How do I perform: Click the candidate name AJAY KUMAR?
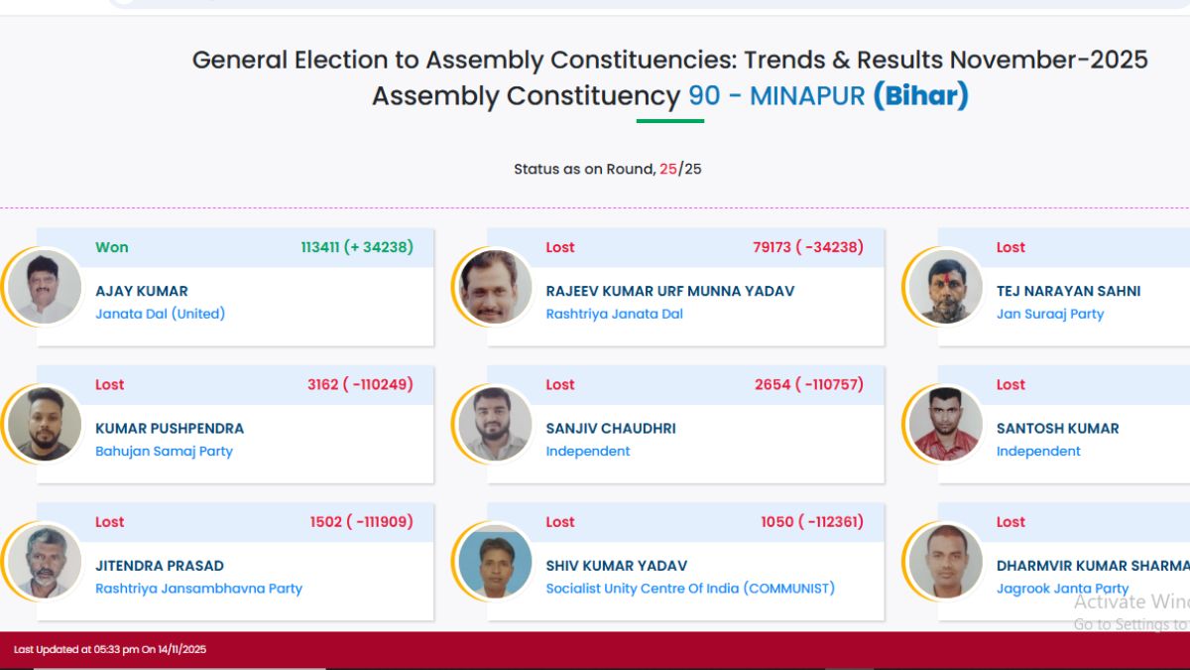(x=142, y=291)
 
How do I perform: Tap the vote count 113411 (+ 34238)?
(x=357, y=247)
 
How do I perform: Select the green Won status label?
(x=112, y=247)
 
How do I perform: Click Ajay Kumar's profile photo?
(x=45, y=287)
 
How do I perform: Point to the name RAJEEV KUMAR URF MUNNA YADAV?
(x=669, y=291)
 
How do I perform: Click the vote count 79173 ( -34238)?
(x=807, y=247)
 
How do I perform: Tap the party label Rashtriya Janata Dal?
(x=614, y=314)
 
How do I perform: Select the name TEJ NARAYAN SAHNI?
(x=1068, y=291)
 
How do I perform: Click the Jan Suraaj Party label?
(x=1049, y=314)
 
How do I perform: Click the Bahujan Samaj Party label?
(x=164, y=451)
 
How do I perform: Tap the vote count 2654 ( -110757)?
(x=808, y=384)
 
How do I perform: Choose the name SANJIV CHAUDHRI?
(x=611, y=428)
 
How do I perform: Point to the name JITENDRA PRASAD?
(x=160, y=565)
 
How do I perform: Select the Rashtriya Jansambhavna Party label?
(x=198, y=588)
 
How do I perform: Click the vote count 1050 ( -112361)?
(x=811, y=521)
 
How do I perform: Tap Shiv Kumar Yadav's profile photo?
(x=495, y=561)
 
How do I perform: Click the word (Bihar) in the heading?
(x=920, y=96)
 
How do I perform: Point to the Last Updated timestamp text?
(x=110, y=649)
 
